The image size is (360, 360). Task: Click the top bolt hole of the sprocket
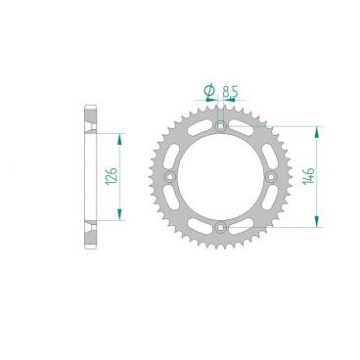click(221, 126)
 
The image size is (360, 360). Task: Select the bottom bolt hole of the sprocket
click(221, 230)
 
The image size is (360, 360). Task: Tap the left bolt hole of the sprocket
click(169, 178)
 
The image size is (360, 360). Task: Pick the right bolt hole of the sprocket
click(273, 178)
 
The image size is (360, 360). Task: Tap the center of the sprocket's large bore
click(221, 178)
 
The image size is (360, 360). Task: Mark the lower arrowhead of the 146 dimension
click(316, 226)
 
